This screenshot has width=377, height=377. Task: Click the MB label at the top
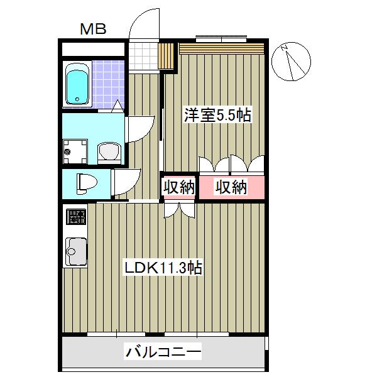point(93,28)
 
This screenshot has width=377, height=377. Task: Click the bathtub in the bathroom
point(77,85)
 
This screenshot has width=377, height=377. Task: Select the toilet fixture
point(85,183)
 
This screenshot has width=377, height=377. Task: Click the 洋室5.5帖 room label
point(217,115)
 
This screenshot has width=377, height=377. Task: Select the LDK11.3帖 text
point(162,268)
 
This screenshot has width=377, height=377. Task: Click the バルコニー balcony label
point(162,352)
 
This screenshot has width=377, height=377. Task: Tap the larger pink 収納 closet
point(231,187)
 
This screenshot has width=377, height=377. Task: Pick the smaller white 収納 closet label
point(179,187)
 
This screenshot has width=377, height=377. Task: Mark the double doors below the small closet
point(179,209)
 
